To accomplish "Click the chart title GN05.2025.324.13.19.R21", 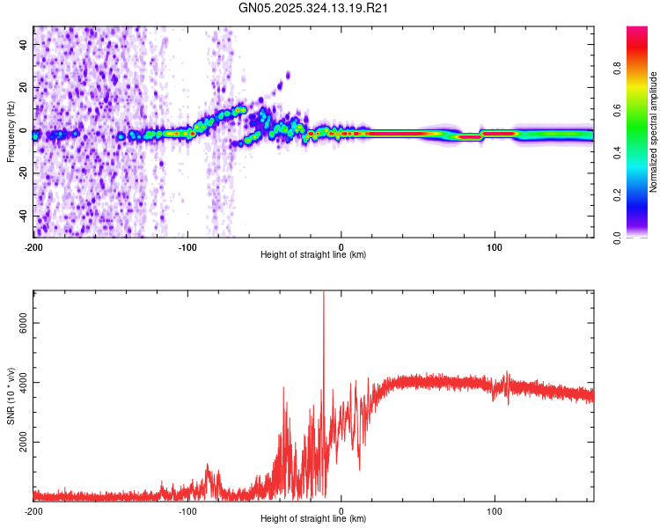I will tap(314, 8).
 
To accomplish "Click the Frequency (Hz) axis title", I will tap(11, 132).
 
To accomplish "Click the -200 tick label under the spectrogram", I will tap(33, 246).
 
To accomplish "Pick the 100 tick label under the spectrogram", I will tap(495, 246).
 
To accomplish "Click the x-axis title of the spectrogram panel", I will tap(313, 255).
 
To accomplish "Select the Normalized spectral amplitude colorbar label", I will tap(654, 132).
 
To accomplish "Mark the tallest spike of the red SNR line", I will tap(324, 294).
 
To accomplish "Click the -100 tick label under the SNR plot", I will tap(187, 510).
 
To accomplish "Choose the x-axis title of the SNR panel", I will tap(313, 519).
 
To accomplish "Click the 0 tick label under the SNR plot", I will tap(341, 510).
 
